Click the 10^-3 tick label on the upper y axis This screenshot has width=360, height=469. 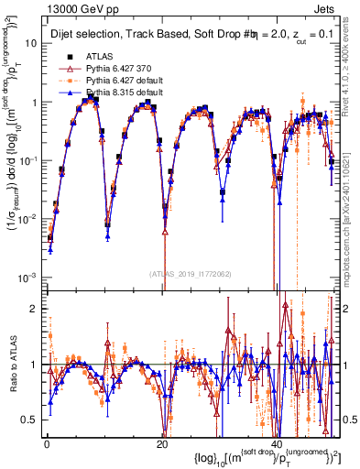[27, 278]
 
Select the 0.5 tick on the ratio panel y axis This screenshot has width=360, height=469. [29, 419]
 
